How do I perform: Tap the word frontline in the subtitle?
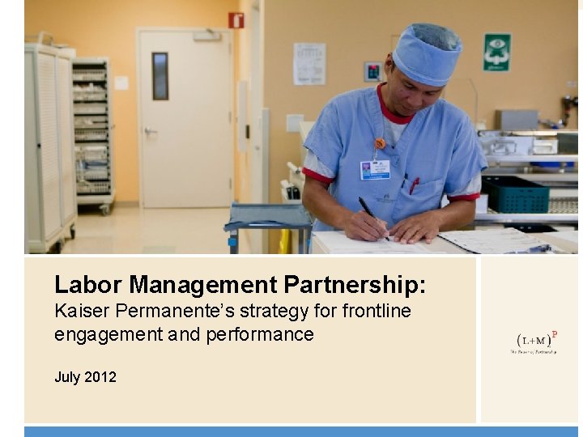pos(376,311)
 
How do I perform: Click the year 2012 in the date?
pos(100,377)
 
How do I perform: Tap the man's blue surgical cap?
pos(427,53)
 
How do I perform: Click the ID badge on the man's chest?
pos(375,169)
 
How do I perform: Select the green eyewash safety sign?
pos(496,52)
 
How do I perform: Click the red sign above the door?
pos(236,20)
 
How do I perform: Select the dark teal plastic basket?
pos(515,194)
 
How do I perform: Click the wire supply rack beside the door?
pos(92,134)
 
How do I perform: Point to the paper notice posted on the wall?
pos(309,63)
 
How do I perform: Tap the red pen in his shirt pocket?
pos(414,185)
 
